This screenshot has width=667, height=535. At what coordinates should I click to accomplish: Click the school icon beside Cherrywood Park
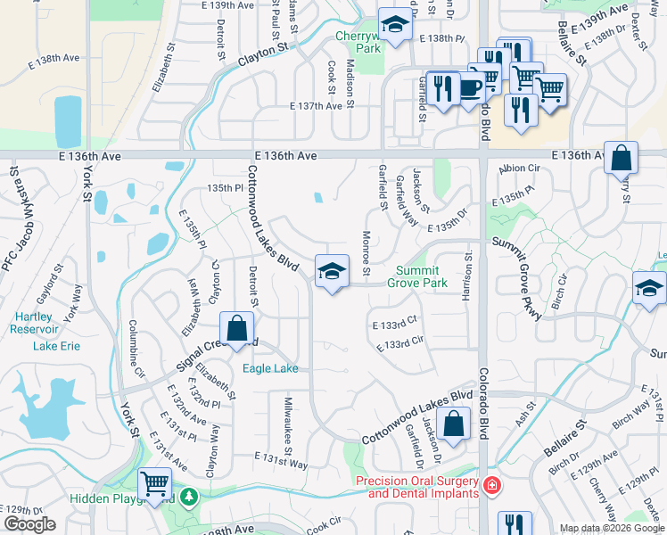(x=394, y=26)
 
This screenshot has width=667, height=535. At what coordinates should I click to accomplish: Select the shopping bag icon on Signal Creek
(x=237, y=329)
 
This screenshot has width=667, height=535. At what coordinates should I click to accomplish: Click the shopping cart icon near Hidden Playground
(x=156, y=484)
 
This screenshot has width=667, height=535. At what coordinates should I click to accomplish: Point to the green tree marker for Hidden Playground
(x=188, y=497)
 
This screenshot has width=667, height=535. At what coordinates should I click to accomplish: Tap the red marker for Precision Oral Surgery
(x=491, y=487)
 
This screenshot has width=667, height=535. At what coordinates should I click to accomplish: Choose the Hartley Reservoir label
(x=37, y=324)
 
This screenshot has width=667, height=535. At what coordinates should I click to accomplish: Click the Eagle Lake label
(x=271, y=368)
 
